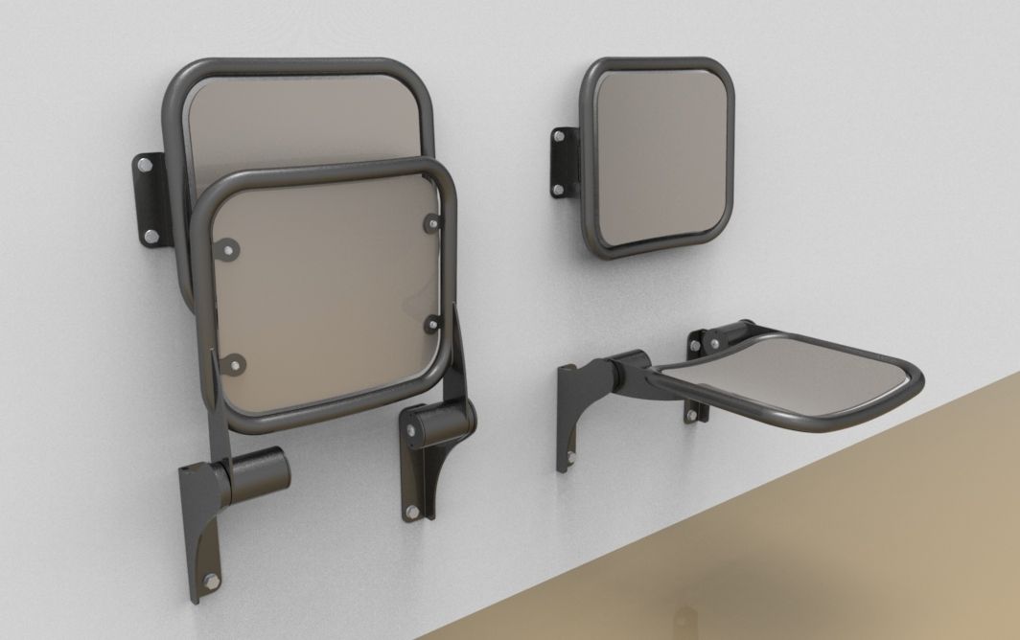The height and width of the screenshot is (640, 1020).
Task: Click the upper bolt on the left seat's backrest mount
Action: [144, 167]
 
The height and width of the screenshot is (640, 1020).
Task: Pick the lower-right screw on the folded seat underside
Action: [431, 321]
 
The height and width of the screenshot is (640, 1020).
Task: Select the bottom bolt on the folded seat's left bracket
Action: [210, 581]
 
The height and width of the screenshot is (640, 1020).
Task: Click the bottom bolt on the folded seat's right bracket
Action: [412, 512]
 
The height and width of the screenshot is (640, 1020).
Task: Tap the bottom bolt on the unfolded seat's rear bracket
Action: [692, 414]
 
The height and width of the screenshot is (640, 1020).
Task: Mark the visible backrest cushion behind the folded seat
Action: [297, 120]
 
